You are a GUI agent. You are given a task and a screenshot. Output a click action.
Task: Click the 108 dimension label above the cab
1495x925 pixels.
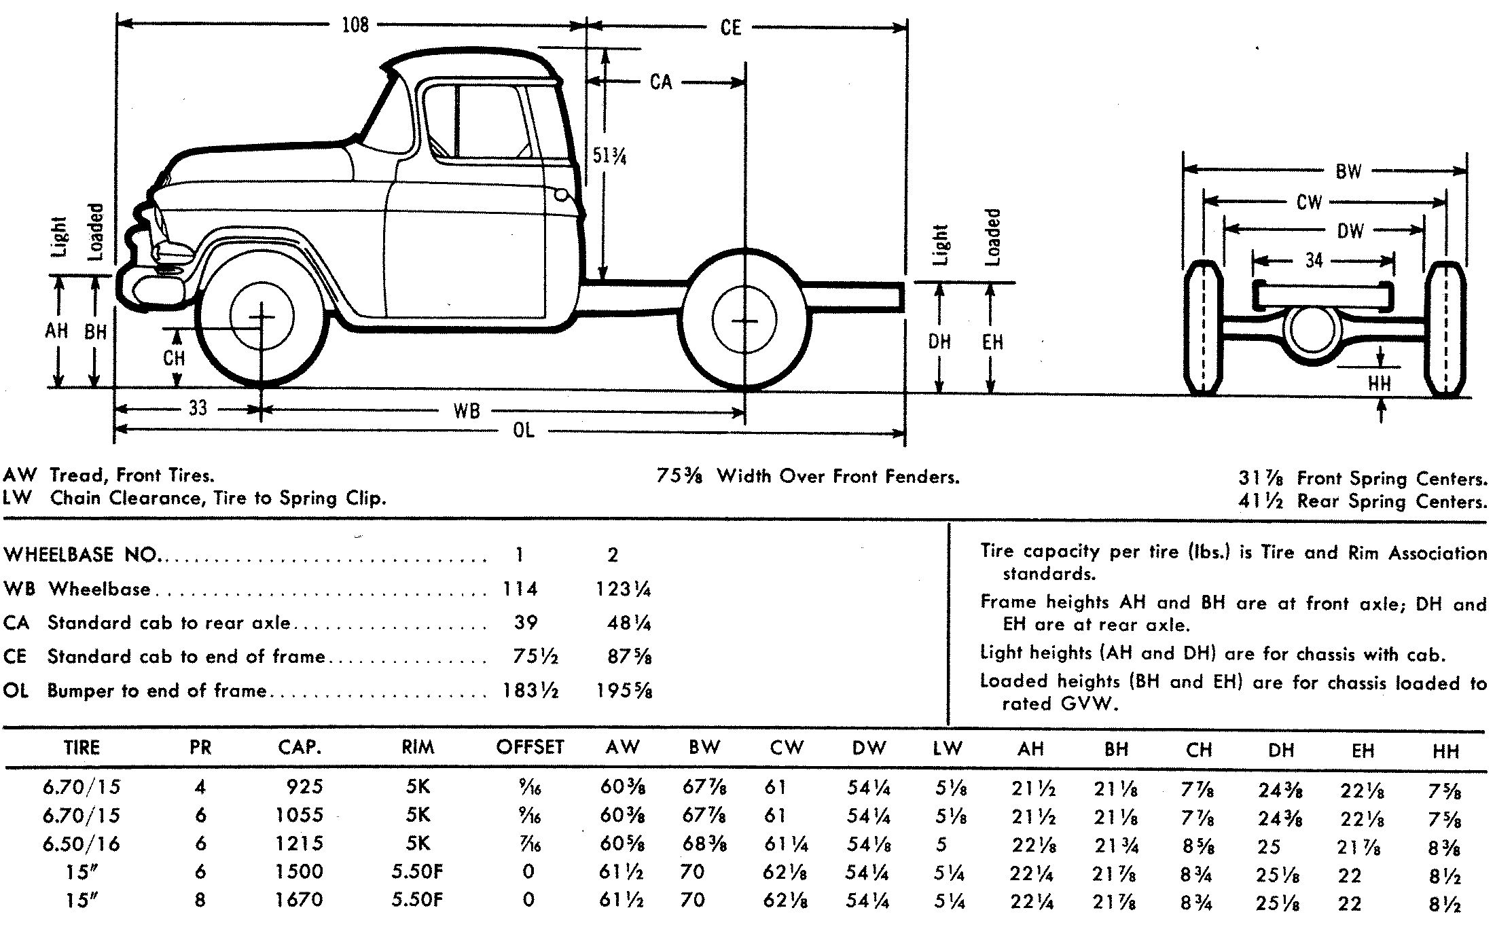click(x=355, y=25)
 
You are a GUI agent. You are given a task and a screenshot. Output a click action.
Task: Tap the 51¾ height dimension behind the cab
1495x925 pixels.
click(x=609, y=156)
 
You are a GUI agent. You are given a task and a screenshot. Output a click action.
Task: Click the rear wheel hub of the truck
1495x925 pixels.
click(x=745, y=321)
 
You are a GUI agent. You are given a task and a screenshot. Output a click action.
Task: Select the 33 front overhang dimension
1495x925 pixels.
click(x=197, y=408)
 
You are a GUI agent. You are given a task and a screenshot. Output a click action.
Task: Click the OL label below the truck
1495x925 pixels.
click(x=523, y=430)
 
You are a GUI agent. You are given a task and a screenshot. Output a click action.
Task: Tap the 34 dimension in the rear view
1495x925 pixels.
click(x=1314, y=259)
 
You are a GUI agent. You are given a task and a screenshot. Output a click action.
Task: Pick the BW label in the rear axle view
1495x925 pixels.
click(x=1348, y=171)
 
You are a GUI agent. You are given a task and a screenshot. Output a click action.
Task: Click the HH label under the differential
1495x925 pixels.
click(x=1379, y=384)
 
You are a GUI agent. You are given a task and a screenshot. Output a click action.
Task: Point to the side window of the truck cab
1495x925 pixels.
click(x=475, y=122)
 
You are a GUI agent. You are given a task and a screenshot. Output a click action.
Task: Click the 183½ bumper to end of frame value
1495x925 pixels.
click(x=530, y=691)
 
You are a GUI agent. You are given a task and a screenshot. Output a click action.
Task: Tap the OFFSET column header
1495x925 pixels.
click(x=530, y=747)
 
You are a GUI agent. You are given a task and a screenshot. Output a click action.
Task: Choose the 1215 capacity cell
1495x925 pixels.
click(x=300, y=844)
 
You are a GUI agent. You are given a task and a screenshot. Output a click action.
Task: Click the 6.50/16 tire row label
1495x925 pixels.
click(x=82, y=844)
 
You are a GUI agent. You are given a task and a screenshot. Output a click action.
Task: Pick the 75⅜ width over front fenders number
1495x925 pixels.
click(x=679, y=476)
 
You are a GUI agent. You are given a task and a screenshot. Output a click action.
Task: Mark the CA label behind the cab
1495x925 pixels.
click(x=660, y=82)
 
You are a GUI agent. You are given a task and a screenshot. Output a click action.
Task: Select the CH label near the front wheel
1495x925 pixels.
click(x=174, y=358)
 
